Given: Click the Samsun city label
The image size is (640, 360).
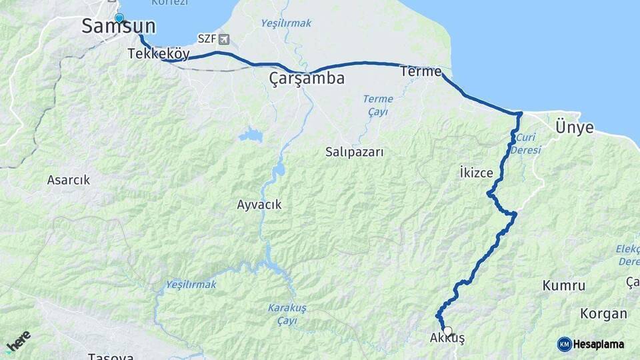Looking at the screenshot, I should [x=119, y=27].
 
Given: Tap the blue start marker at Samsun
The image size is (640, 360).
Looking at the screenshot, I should [x=119, y=18].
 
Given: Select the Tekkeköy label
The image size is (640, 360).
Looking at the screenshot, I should [x=158, y=55].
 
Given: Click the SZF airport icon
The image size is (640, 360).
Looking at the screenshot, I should [x=222, y=39].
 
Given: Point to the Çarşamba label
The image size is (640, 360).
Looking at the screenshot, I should [x=307, y=79].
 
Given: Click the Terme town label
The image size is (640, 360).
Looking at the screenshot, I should [x=421, y=71].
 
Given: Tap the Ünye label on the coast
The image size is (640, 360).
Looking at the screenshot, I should [x=574, y=128].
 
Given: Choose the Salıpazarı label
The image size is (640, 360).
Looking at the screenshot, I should [x=355, y=152].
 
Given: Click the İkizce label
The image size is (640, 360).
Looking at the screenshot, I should [x=476, y=173].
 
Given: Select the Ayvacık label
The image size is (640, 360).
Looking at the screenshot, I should [x=259, y=205].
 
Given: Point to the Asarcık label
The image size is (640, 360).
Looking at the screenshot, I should [x=68, y=180].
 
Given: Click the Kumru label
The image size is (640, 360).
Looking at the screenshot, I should [x=564, y=286].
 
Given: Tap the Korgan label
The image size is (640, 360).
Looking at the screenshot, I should [x=603, y=313].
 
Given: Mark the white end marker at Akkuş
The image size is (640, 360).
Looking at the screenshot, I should [x=447, y=331].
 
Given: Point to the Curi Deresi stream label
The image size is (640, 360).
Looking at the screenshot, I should [x=525, y=143].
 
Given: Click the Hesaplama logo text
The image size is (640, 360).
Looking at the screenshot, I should [x=598, y=344].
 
